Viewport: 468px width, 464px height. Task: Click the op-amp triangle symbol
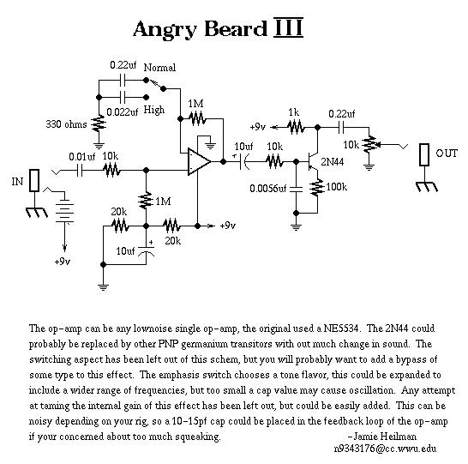click(x=199, y=162)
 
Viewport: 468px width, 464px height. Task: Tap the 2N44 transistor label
click(x=333, y=162)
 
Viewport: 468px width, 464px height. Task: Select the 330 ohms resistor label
click(x=66, y=124)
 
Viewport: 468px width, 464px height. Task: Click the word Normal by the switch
click(x=159, y=68)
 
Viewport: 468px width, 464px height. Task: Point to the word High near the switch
click(x=154, y=110)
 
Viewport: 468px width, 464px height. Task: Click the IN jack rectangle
click(x=34, y=180)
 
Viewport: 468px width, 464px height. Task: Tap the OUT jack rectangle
click(x=424, y=154)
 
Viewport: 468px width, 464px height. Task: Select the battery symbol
click(x=65, y=210)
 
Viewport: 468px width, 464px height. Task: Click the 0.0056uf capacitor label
click(x=267, y=189)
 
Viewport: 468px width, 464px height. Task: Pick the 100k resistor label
click(x=336, y=187)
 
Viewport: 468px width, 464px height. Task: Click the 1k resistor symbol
click(x=296, y=127)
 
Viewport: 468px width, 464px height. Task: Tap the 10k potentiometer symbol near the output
click(x=371, y=145)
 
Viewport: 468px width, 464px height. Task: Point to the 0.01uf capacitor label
click(x=81, y=157)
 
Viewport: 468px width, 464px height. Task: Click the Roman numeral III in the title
click(x=288, y=28)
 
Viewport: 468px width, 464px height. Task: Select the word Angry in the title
click(x=165, y=30)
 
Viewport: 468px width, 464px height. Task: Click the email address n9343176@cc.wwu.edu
click(x=385, y=449)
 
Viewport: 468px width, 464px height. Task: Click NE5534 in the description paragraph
click(x=341, y=328)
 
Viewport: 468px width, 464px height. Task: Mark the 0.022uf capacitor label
click(x=122, y=112)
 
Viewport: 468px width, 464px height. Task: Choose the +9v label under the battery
click(x=63, y=262)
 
